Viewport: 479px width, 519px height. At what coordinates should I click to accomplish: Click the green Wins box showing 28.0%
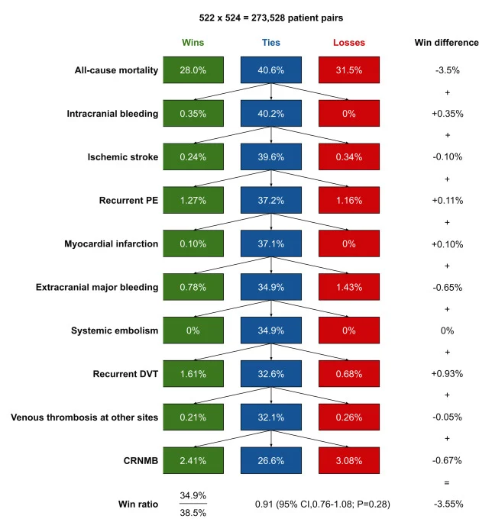[x=195, y=70]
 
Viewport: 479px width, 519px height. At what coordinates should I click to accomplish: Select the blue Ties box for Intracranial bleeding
[x=271, y=114]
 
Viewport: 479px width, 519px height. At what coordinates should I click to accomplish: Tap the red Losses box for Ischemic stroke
[x=348, y=157]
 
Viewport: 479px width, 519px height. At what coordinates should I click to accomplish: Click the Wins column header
[x=194, y=43]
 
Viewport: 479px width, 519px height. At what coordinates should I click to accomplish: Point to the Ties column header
[x=271, y=43]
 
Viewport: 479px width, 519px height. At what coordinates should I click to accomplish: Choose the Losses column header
[x=348, y=43]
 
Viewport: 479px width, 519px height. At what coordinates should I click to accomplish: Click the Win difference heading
[x=446, y=43]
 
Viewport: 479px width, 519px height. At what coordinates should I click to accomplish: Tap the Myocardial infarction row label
[x=112, y=244]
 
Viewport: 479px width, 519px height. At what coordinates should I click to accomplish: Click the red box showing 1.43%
[x=348, y=287]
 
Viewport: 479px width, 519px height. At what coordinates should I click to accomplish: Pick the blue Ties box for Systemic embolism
[x=271, y=330]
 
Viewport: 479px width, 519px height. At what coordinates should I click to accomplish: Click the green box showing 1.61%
[x=195, y=374]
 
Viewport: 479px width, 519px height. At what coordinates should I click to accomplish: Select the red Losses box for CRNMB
[x=348, y=460]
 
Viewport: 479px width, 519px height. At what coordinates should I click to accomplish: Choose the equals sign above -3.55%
[x=446, y=482]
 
